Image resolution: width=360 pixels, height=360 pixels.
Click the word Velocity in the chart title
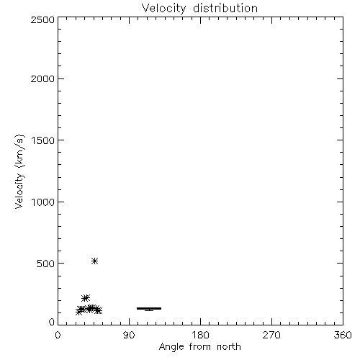[164, 9]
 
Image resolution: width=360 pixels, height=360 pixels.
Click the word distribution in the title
[225, 8]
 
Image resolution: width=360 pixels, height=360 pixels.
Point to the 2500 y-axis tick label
[42, 19]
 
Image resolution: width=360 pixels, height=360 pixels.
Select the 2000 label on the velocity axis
[42, 78]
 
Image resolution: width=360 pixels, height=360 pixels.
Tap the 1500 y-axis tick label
[43, 140]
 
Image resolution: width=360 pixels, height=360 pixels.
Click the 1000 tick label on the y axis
[43, 202]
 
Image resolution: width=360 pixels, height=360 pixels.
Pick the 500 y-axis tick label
[46, 264]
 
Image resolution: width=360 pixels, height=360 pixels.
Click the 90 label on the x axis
[129, 335]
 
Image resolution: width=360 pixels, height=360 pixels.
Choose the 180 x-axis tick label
[200, 335]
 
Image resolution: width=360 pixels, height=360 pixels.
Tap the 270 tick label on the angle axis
[271, 335]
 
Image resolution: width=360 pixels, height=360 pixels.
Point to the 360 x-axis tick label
[343, 335]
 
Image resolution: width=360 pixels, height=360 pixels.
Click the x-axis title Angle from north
[200, 347]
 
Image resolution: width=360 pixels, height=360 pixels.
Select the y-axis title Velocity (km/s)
[19, 171]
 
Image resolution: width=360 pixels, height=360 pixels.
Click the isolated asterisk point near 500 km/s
[95, 261]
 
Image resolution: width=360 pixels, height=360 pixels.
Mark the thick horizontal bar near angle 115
[149, 308]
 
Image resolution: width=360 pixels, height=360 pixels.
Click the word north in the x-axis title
[229, 347]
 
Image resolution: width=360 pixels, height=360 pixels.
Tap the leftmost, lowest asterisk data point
[78, 312]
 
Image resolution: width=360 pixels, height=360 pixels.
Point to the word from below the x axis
[200, 347]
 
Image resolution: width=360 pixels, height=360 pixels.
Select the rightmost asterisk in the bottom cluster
[99, 310]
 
